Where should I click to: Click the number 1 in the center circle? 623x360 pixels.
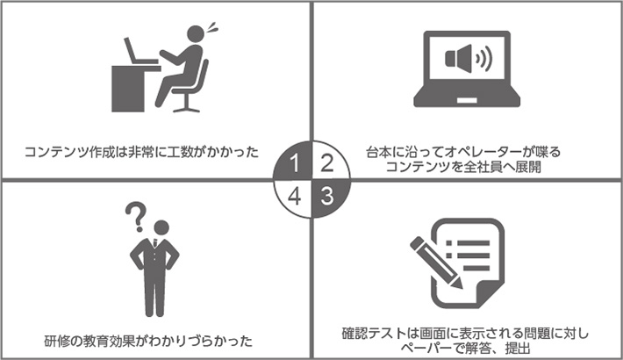(297, 163)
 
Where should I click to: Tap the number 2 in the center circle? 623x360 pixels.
(326, 163)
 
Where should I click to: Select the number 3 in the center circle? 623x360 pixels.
(326, 195)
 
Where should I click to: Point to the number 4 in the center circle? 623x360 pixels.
(297, 195)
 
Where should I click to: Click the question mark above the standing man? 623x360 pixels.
(134, 213)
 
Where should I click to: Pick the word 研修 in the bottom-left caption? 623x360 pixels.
(56, 339)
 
